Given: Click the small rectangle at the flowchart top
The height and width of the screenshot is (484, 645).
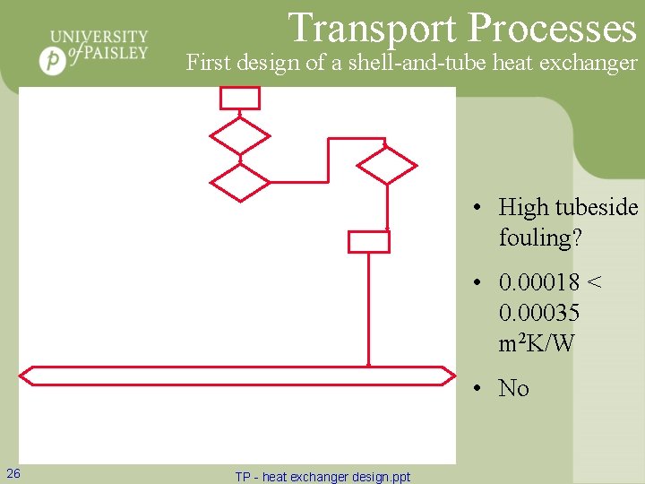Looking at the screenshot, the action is pos(240,98).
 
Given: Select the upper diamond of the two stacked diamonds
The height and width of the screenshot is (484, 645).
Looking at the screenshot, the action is pos(239,136).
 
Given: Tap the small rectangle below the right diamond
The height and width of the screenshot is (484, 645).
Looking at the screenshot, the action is pos(368,241).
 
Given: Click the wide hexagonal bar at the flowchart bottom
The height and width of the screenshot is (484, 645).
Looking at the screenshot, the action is pos(238,376).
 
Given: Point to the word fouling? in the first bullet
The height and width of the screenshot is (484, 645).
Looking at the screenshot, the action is pos(539,238).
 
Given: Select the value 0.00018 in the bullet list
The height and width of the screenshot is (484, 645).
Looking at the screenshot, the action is pos(539,283).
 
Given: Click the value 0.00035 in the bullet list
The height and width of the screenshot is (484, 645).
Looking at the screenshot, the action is pos(539,313).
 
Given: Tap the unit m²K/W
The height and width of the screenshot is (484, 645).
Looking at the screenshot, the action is pos(537,342).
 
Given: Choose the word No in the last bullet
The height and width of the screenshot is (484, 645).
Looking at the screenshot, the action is pos(514,388).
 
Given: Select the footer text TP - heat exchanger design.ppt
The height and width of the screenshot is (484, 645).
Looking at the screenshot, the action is pos(322,477).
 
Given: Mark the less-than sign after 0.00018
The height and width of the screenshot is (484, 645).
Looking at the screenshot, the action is pos(593,283).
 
